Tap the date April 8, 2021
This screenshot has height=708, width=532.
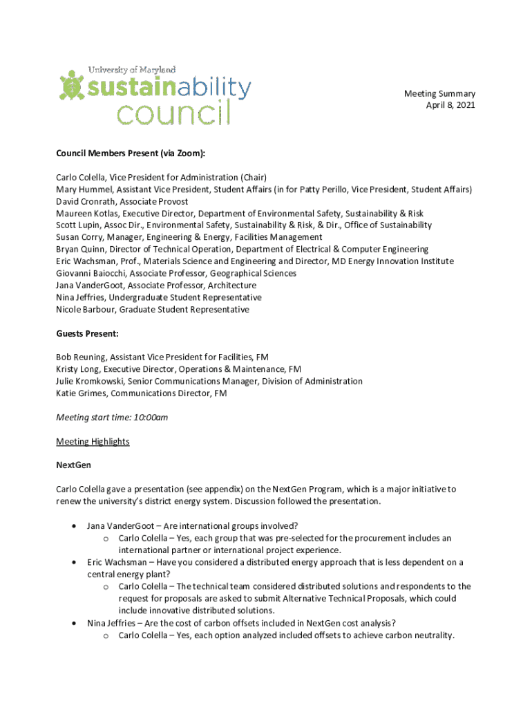click(450, 106)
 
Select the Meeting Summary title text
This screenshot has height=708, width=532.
click(439, 94)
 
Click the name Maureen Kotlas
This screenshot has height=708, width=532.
click(86, 214)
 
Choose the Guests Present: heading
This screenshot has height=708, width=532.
click(87, 334)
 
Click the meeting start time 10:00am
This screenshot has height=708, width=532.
click(152, 418)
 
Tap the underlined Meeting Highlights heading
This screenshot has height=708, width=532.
click(93, 442)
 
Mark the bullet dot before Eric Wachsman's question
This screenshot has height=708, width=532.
click(74, 563)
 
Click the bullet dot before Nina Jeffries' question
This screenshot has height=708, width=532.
click(74, 623)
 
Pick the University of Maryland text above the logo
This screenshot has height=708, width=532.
click(132, 70)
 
